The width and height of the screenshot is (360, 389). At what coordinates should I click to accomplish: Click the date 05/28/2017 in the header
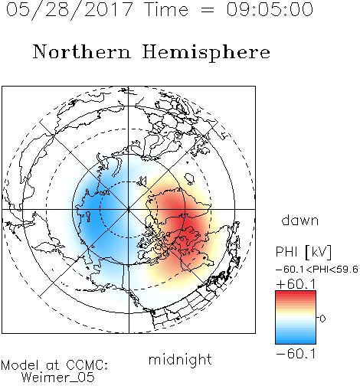click(69, 10)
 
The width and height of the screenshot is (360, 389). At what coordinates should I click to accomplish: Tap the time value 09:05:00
click(270, 9)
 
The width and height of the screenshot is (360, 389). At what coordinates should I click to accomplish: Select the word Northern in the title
click(82, 52)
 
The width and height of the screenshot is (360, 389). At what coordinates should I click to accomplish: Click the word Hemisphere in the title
click(206, 53)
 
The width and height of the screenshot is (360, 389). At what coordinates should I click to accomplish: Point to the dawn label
click(300, 220)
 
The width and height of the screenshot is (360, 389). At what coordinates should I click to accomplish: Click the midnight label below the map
click(180, 360)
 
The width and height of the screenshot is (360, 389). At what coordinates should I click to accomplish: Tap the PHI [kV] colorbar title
click(303, 252)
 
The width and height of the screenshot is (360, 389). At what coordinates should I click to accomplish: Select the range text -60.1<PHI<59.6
click(317, 270)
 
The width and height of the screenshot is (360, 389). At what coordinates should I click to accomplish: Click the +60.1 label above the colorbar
click(296, 284)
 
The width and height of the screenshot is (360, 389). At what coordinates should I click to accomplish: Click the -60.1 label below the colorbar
click(296, 354)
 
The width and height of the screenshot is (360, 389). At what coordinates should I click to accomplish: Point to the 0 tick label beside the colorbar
click(322, 319)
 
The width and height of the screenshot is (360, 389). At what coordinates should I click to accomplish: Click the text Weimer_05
click(58, 378)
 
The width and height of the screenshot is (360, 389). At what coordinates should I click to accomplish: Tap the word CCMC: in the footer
click(87, 365)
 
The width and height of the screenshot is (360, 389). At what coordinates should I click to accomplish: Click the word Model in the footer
click(20, 365)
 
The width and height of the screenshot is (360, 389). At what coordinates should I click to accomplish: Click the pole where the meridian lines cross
click(129, 210)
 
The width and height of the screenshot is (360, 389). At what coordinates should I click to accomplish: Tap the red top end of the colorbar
click(296, 293)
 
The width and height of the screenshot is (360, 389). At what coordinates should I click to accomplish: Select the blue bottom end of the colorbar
click(296, 342)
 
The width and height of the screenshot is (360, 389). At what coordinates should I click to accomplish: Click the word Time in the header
click(166, 9)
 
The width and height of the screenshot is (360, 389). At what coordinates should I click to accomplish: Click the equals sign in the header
click(208, 10)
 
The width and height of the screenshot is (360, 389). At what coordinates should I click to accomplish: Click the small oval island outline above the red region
click(189, 178)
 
